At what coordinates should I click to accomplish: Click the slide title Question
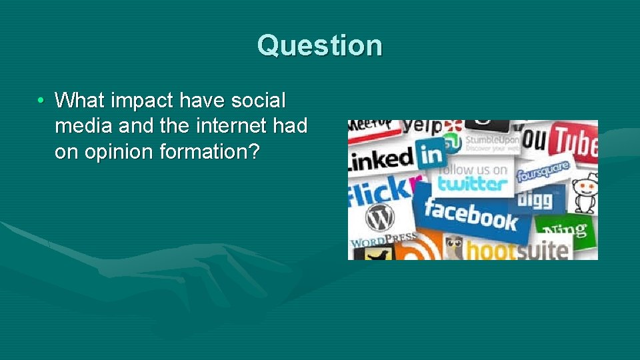click(x=320, y=45)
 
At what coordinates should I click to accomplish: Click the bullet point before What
click(x=41, y=101)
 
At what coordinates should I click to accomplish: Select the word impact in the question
click(x=138, y=101)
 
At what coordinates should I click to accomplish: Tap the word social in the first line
click(x=257, y=101)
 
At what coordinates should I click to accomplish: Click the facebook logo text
click(x=471, y=215)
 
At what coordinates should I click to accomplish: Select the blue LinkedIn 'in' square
click(x=431, y=155)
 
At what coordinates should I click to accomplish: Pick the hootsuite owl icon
click(x=455, y=248)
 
